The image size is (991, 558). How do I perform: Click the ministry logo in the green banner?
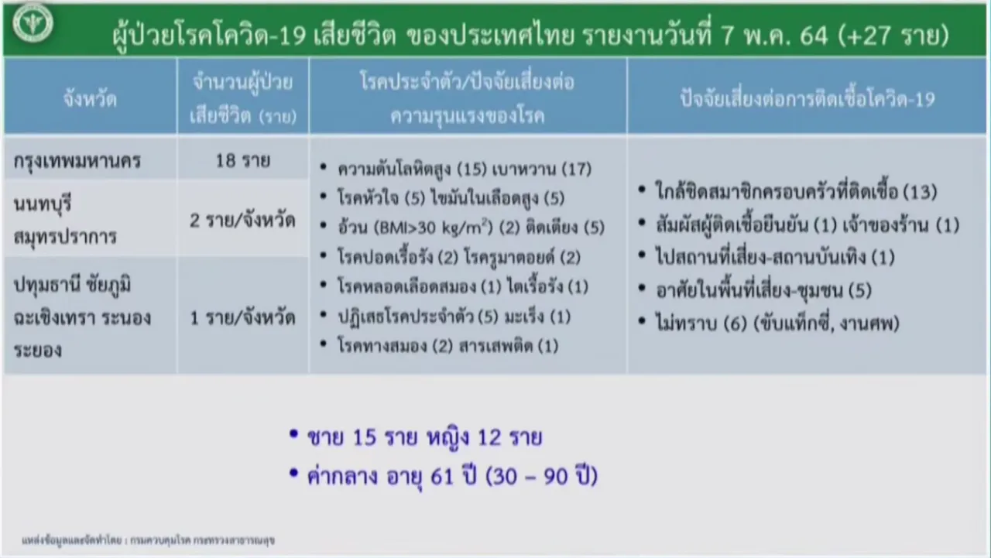coord(33,23)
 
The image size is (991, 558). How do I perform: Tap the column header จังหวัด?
coord(91,99)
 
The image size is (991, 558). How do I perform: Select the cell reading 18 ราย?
coord(243,160)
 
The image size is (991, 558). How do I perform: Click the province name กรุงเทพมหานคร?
coord(77,162)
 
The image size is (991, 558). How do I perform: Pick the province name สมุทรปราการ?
coord(66,237)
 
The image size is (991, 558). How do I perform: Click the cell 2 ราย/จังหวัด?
coord(242,221)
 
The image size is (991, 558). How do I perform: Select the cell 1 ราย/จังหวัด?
coord(242,318)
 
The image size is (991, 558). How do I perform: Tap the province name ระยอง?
coord(38,350)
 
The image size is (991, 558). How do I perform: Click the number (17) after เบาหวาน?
coord(577,169)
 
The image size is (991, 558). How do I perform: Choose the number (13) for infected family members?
coord(921,193)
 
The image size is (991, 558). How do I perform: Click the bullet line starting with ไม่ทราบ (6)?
coord(777,324)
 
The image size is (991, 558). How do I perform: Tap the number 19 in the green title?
coord(293,36)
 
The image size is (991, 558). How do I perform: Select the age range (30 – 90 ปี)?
coord(541,477)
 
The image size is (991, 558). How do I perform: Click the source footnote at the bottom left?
coord(148,540)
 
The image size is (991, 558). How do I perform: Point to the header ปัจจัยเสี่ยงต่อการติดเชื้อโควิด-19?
coord(808,99)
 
